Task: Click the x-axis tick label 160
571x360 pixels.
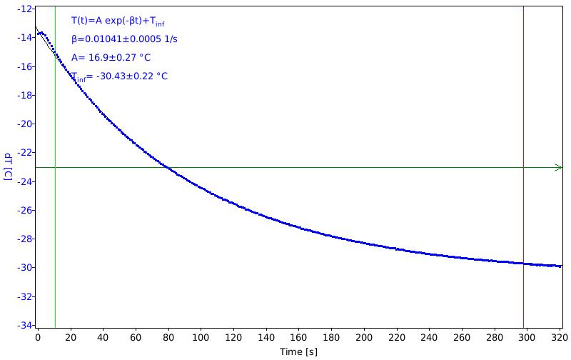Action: coord(298,338)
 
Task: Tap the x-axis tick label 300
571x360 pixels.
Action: coord(527,338)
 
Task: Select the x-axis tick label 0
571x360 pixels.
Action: coord(38,338)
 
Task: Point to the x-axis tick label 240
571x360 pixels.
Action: coord(429,338)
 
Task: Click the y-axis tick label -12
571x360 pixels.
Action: coord(24,9)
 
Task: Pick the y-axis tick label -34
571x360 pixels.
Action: coord(24,325)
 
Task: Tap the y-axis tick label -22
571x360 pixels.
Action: coord(24,152)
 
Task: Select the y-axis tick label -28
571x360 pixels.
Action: coord(24,239)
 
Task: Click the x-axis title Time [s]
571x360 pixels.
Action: coord(298,351)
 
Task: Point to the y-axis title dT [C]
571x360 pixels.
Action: coord(8,167)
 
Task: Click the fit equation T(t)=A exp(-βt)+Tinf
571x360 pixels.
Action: coord(118,21)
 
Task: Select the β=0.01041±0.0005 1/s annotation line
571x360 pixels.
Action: coord(124,39)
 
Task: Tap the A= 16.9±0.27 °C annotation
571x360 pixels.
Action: coord(111,58)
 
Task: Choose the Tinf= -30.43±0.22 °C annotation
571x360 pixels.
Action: coord(119,76)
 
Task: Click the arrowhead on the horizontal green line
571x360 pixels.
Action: coord(559,168)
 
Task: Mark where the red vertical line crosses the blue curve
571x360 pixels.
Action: coord(524,264)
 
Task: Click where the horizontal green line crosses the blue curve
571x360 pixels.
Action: coord(168,168)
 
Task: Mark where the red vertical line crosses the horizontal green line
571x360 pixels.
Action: coord(524,168)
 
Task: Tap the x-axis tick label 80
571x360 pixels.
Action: coord(168,338)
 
